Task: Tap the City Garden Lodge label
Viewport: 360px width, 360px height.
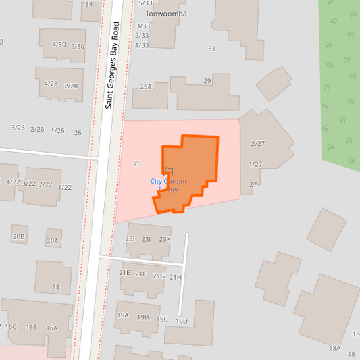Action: click(x=168, y=184)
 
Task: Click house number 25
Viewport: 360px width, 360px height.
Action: click(x=137, y=163)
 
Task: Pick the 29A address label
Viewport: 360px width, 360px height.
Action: click(x=146, y=86)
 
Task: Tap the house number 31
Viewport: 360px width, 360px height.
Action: click(x=211, y=49)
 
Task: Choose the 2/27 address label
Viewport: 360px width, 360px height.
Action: click(x=257, y=144)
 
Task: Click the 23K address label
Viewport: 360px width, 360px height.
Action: click(x=165, y=239)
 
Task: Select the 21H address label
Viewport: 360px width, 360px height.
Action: click(x=176, y=277)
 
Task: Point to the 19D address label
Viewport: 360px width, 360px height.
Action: click(x=181, y=321)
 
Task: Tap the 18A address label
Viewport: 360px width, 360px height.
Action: click(x=335, y=348)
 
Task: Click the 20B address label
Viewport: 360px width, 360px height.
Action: click(x=18, y=236)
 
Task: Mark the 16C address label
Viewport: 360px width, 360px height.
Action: click(x=11, y=327)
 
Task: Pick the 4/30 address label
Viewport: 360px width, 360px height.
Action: click(x=59, y=45)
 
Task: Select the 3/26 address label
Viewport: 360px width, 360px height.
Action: click(x=18, y=128)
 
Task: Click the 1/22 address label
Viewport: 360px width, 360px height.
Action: click(x=65, y=187)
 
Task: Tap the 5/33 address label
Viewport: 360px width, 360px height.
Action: click(x=145, y=3)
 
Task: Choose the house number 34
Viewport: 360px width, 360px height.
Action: click(x=89, y=4)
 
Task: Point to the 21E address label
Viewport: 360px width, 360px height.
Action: click(x=124, y=273)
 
